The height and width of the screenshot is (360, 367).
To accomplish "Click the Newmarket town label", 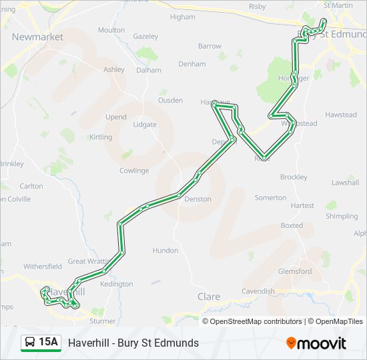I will coord(37,37).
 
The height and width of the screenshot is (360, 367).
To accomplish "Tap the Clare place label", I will coord(209,297).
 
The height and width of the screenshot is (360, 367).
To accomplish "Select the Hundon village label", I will coord(165,251).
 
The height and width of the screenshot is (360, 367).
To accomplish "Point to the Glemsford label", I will coord(294,271).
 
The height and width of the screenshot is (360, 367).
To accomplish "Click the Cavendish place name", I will coord(258,291).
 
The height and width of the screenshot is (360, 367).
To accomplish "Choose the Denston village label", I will coord(198,199).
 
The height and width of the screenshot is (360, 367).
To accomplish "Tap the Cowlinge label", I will coord(134,171).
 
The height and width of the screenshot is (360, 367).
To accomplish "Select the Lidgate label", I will coord(145,125).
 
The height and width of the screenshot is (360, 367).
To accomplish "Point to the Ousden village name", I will coord(170,100).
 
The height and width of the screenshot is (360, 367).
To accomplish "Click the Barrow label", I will coord(210,46).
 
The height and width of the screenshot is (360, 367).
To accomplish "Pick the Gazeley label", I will coord(145,36).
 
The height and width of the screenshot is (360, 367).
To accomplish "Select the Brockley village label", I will coord(294,177).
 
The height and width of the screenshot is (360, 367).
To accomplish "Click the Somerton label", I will coord(270,198).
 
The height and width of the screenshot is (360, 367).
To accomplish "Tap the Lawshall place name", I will coord(345,182).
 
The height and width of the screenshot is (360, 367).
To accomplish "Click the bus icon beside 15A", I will coord(31,343).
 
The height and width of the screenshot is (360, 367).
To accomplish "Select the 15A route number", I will coord(49,343).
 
